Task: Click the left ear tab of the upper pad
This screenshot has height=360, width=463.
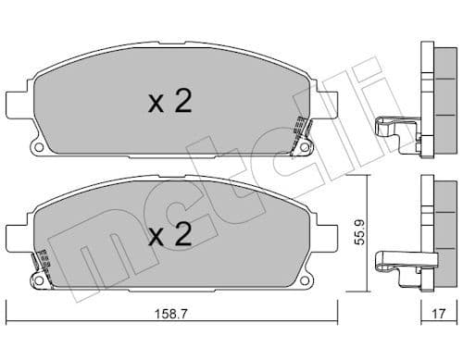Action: [x=16, y=101]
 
